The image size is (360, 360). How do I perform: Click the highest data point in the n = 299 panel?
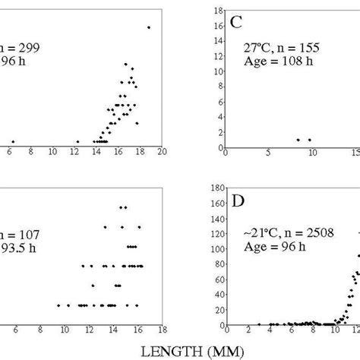tap(149, 27)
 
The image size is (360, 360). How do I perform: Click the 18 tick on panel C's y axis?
tap(219, 11)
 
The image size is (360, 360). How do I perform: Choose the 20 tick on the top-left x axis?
tap(163, 153)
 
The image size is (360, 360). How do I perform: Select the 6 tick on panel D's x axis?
tap(292, 333)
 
